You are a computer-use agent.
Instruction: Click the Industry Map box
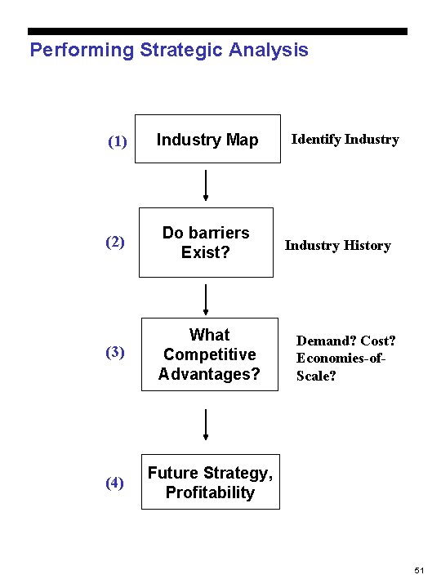tap(207, 140)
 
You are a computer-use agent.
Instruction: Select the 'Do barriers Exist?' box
tap(206, 243)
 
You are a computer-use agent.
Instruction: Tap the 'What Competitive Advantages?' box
tap(209, 354)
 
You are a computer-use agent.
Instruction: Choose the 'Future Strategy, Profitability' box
tap(210, 482)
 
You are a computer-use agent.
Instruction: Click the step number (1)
tap(118, 141)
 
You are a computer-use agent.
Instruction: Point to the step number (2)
tap(115, 243)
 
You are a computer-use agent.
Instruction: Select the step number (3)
tap(115, 353)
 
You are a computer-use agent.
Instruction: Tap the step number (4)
tap(115, 483)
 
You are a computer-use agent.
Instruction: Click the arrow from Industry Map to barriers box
tap(206, 185)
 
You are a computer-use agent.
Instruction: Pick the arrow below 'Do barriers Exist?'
tap(206, 300)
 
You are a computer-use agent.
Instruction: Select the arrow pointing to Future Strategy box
tap(206, 425)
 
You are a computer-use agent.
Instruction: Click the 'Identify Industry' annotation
tap(345, 140)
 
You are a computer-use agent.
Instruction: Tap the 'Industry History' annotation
tap(337, 246)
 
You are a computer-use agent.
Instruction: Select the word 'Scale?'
tap(316, 377)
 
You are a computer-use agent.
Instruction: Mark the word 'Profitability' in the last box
tap(210, 492)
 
